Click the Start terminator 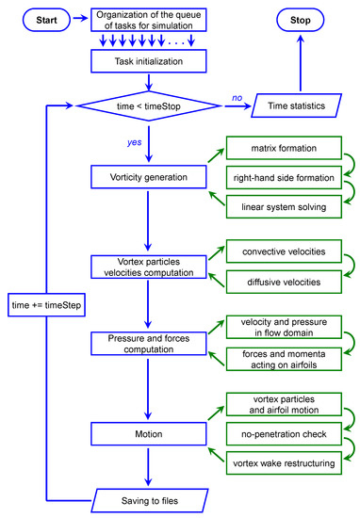click(38, 21)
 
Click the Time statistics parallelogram click(303, 107)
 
